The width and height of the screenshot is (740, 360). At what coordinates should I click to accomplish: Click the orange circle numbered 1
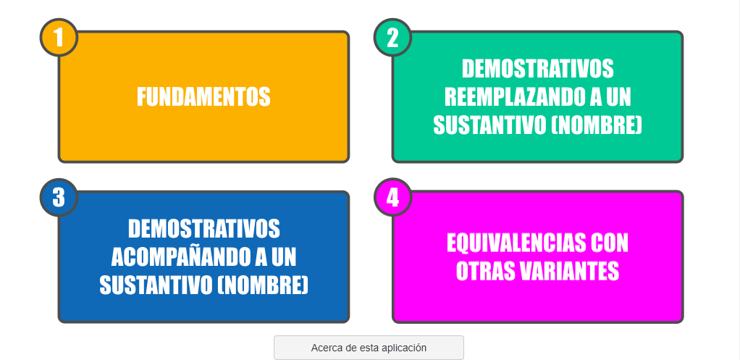(59, 37)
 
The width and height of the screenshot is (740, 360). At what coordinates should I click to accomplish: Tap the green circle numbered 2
(392, 37)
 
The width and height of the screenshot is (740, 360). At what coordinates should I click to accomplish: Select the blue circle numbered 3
(59, 197)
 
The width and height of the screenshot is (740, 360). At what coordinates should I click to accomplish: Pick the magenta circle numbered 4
(392, 197)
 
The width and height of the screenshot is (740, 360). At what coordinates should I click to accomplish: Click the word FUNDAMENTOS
(203, 97)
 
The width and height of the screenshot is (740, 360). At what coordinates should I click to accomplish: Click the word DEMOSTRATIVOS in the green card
(537, 69)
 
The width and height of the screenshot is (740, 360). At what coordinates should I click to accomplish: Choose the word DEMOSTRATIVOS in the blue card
(204, 229)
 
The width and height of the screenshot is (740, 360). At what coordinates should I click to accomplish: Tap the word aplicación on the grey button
(405, 348)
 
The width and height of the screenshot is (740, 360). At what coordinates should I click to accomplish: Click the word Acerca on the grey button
(327, 348)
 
